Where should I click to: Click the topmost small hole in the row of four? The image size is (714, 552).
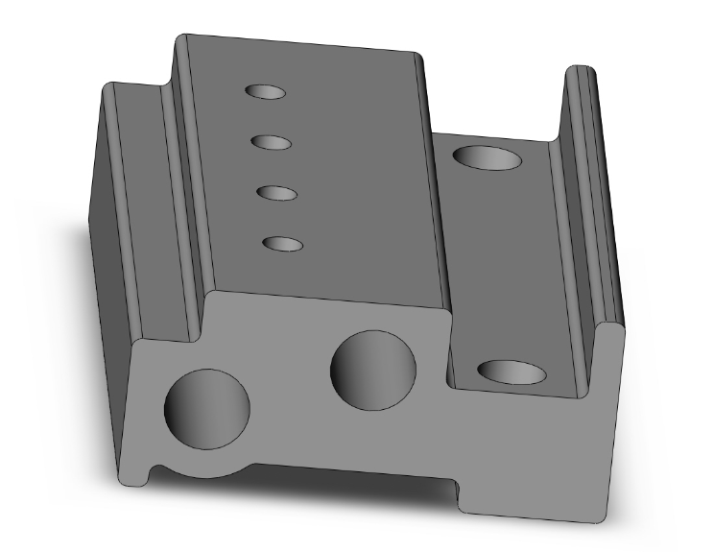tap(266, 92)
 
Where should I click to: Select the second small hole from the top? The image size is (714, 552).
tap(272, 142)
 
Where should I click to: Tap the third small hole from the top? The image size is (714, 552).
tap(276, 193)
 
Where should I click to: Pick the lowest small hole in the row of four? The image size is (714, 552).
tap(282, 244)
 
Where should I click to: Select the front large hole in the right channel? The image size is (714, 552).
tap(512, 372)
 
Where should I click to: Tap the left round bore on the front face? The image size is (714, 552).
tap(208, 407)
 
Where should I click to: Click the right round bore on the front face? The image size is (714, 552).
tap(373, 370)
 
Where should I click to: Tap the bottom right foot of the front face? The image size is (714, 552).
tap(537, 504)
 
